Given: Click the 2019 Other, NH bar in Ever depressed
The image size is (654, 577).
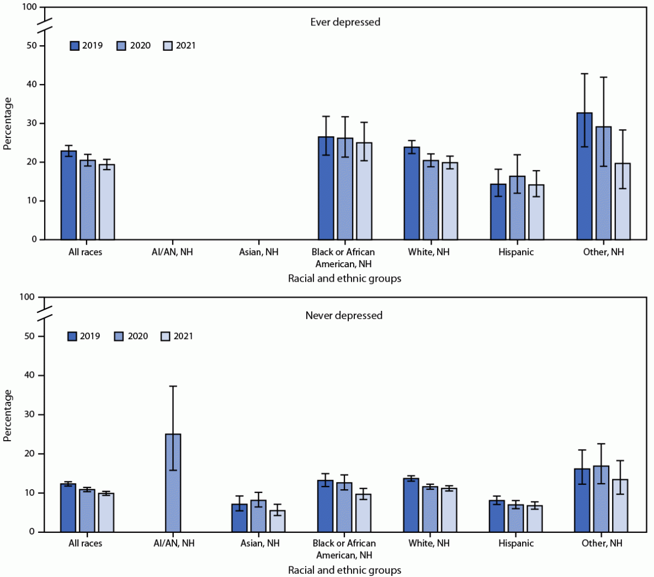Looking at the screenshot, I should click(584, 176).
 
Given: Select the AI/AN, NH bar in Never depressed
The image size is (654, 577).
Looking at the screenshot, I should click(173, 483).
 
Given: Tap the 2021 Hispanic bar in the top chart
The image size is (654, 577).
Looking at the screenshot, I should click(536, 212).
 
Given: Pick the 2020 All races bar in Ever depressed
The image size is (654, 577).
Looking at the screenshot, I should click(88, 200).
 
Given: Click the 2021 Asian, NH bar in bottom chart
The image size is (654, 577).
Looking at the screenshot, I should click(277, 521).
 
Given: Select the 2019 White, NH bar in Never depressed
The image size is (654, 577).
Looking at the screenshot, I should click(411, 505).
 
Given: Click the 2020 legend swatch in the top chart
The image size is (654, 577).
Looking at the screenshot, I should click(121, 46).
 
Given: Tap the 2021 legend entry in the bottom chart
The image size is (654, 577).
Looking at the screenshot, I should click(177, 336).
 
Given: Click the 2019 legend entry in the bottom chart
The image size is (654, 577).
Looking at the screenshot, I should click(84, 336).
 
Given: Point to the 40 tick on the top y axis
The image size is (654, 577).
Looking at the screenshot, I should click(34, 84).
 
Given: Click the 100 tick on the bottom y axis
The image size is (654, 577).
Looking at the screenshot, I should click(31, 297).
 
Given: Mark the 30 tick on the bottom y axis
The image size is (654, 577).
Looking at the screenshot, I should click(34, 415).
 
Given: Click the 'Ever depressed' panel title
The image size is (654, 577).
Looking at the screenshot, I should click(345, 22).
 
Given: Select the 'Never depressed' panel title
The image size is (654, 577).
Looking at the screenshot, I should click(344, 315).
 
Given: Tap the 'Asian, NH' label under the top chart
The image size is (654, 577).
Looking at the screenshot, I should click(259, 252).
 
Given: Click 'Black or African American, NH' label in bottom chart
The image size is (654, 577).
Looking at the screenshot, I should click(344, 549).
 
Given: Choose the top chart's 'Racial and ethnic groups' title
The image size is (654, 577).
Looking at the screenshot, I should click(344, 278).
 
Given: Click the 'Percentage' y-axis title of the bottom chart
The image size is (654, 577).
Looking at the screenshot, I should click(8, 415).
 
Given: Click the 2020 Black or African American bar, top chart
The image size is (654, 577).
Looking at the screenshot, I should click(345, 189).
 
